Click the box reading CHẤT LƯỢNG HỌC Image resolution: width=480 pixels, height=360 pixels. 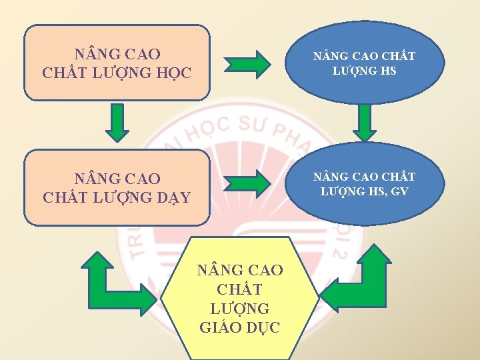click(x=116, y=63)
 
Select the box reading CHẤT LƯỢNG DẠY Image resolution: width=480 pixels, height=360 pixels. click(x=116, y=187)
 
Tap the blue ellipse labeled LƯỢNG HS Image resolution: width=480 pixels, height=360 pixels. click(x=364, y=63)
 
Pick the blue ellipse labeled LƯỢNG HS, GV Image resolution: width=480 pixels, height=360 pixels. click(x=364, y=184)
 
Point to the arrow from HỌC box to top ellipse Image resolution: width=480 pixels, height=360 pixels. click(x=247, y=64)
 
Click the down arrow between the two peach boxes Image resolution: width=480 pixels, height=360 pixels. click(x=117, y=125)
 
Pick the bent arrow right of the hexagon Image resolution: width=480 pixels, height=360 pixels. click(x=360, y=280)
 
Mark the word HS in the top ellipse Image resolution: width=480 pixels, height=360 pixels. click(x=388, y=70)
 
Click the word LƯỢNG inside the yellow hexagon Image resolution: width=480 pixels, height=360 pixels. click(x=240, y=309)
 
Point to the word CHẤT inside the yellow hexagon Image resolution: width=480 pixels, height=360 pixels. click(x=240, y=290)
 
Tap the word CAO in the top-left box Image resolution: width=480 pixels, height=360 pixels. click(x=141, y=53)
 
